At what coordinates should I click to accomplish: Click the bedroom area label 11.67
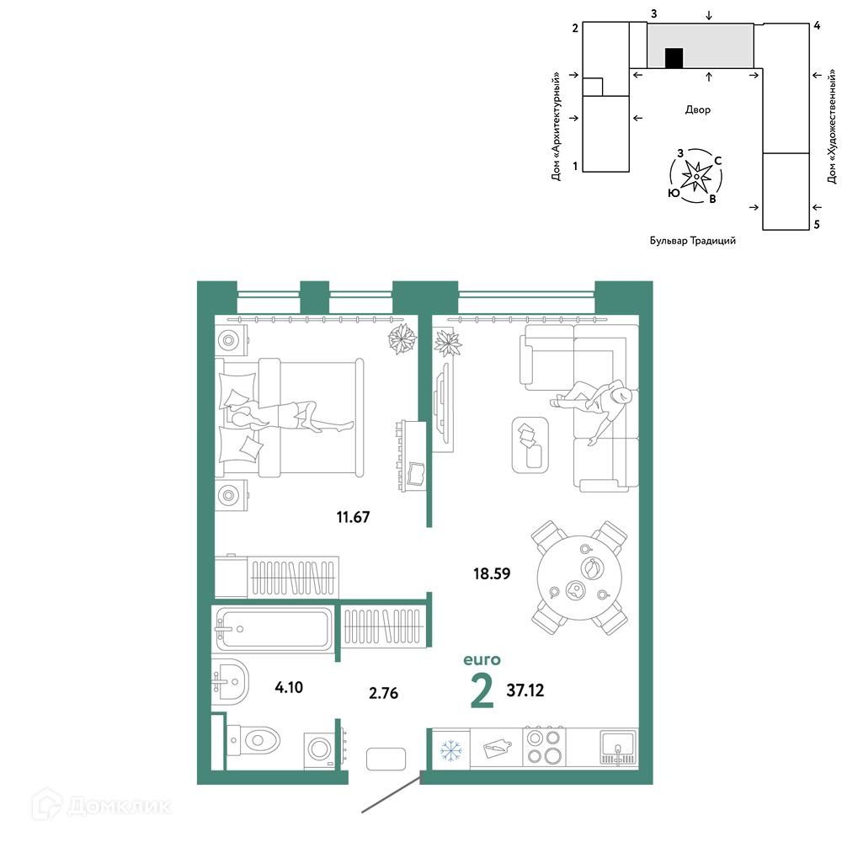(x=353, y=517)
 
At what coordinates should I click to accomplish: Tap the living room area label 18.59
(x=492, y=573)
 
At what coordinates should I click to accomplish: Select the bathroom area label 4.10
(x=289, y=687)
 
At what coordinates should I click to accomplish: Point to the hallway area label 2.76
(x=383, y=693)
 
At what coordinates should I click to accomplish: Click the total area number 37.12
(x=525, y=690)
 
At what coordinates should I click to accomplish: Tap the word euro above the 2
(x=482, y=659)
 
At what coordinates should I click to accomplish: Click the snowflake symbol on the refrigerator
(x=451, y=750)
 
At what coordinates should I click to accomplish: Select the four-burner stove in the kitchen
(x=544, y=747)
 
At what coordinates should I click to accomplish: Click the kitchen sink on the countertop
(x=618, y=746)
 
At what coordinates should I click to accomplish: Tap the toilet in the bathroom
(x=253, y=740)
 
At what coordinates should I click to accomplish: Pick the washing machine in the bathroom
(x=320, y=749)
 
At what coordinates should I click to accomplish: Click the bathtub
(x=274, y=629)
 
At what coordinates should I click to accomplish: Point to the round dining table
(x=579, y=578)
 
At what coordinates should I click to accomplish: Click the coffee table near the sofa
(x=530, y=445)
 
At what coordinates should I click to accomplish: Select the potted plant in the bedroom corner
(x=402, y=338)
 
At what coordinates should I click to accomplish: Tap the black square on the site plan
(x=674, y=58)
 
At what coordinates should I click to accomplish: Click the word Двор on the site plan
(x=697, y=109)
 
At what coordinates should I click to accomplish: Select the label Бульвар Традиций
(x=693, y=241)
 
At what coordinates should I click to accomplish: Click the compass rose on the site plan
(x=696, y=176)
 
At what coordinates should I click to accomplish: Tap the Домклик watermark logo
(x=102, y=806)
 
